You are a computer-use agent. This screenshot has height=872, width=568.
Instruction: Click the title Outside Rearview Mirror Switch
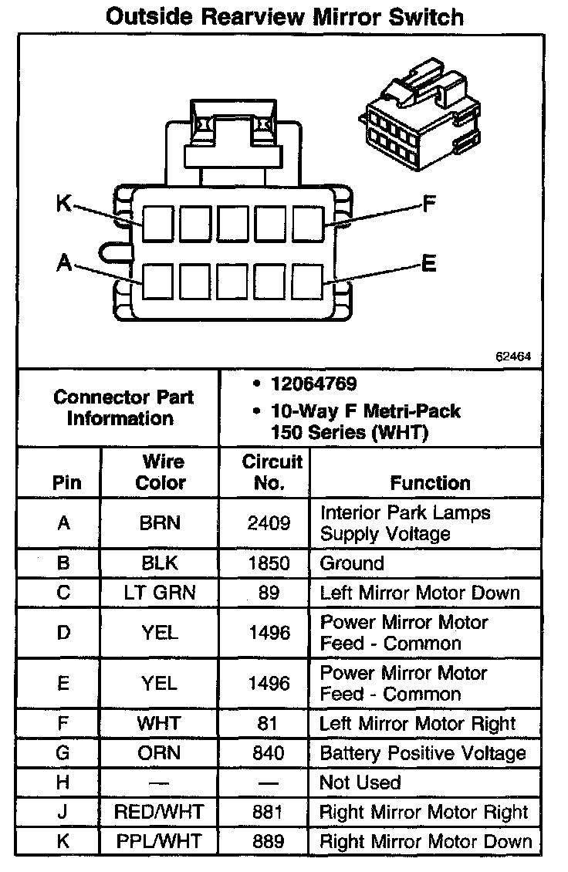click(x=285, y=16)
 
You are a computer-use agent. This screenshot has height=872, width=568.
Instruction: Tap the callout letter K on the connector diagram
click(x=64, y=204)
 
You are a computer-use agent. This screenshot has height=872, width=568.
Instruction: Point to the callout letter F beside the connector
click(x=429, y=204)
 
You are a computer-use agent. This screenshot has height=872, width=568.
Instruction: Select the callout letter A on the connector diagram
click(x=64, y=264)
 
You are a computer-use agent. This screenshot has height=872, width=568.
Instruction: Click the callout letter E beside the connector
click(x=429, y=264)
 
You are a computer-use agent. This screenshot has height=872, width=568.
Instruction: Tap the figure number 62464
click(x=513, y=357)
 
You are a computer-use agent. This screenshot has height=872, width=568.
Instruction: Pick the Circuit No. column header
click(x=271, y=472)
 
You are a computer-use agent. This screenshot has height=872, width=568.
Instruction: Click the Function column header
click(x=430, y=483)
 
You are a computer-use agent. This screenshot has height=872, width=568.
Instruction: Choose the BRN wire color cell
click(x=161, y=523)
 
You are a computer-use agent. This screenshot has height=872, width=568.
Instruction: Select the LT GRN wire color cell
click(x=161, y=593)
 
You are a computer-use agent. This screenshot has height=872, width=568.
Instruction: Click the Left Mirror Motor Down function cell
click(x=419, y=593)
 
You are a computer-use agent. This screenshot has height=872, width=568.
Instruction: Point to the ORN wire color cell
click(x=161, y=753)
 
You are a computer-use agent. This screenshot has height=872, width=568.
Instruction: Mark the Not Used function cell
click(x=360, y=782)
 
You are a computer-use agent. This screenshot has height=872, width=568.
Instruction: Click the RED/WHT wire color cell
click(x=161, y=812)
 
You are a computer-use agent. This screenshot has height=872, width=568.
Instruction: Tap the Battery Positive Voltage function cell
click(x=422, y=753)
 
